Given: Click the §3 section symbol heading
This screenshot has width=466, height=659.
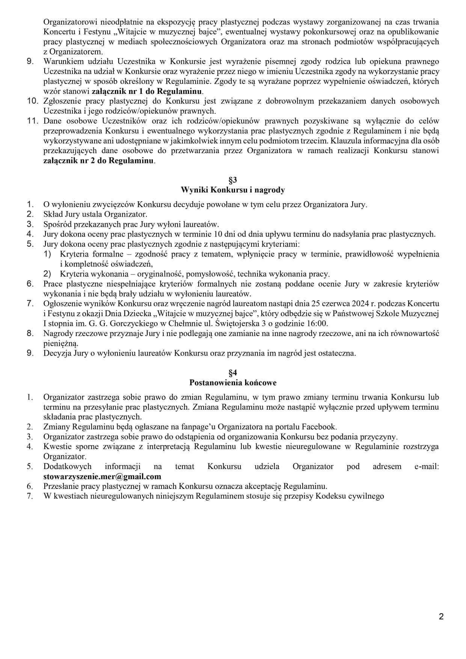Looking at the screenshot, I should tap(233, 180).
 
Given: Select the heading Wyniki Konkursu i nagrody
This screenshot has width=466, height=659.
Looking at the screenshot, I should tap(233, 190).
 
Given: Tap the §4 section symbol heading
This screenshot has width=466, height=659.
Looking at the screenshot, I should tap(233, 373).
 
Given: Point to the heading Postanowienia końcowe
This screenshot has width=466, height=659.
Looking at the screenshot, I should tap(233, 383).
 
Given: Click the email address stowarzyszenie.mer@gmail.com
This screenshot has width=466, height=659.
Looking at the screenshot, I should tap(102, 477).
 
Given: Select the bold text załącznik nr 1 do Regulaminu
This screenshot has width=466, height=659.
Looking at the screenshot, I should tap(147, 91).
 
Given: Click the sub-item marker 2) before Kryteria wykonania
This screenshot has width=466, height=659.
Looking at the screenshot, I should tap(47, 274).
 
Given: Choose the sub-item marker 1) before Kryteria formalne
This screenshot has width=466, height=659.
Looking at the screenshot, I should tap(47, 254).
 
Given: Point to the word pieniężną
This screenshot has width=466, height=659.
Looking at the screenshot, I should tap(60, 343).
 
